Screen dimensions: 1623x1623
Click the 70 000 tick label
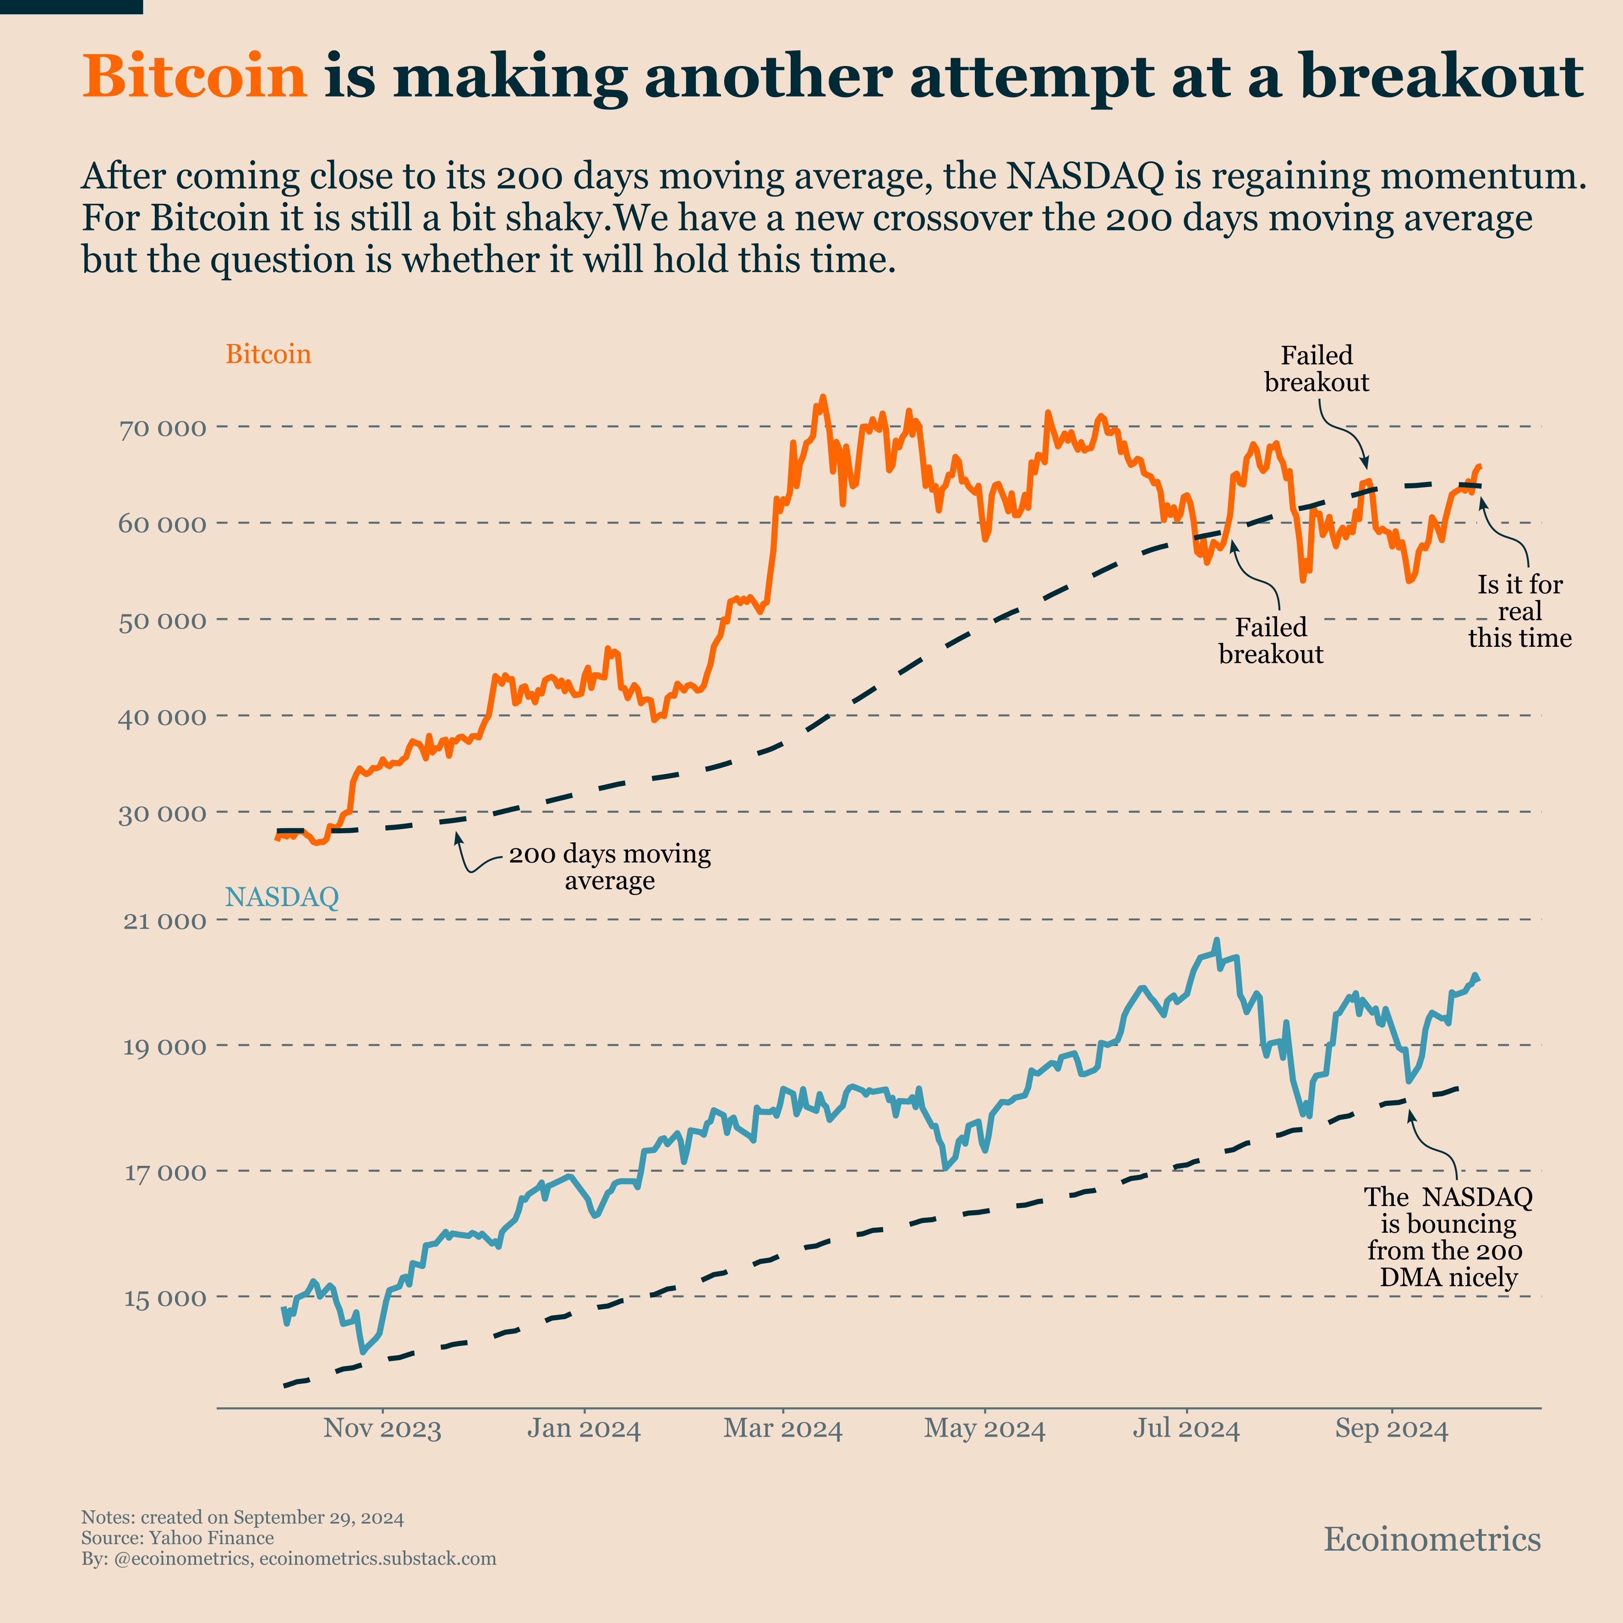click(x=162, y=428)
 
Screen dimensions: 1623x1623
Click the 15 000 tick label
click(x=164, y=1298)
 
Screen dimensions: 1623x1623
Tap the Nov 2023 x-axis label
click(x=382, y=1429)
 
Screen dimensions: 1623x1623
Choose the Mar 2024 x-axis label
click(x=783, y=1429)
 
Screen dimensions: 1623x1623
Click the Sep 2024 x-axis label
click(x=1392, y=1429)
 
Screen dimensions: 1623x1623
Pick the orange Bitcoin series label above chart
click(x=268, y=355)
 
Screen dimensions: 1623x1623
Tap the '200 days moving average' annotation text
click(x=610, y=867)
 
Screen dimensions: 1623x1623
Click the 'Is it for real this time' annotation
click(x=1519, y=612)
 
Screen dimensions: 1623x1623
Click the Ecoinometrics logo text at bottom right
click(x=1432, y=1539)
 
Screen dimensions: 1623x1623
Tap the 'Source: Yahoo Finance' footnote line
click(x=177, y=1538)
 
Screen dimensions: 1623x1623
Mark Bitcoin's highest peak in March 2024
click(x=822, y=397)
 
